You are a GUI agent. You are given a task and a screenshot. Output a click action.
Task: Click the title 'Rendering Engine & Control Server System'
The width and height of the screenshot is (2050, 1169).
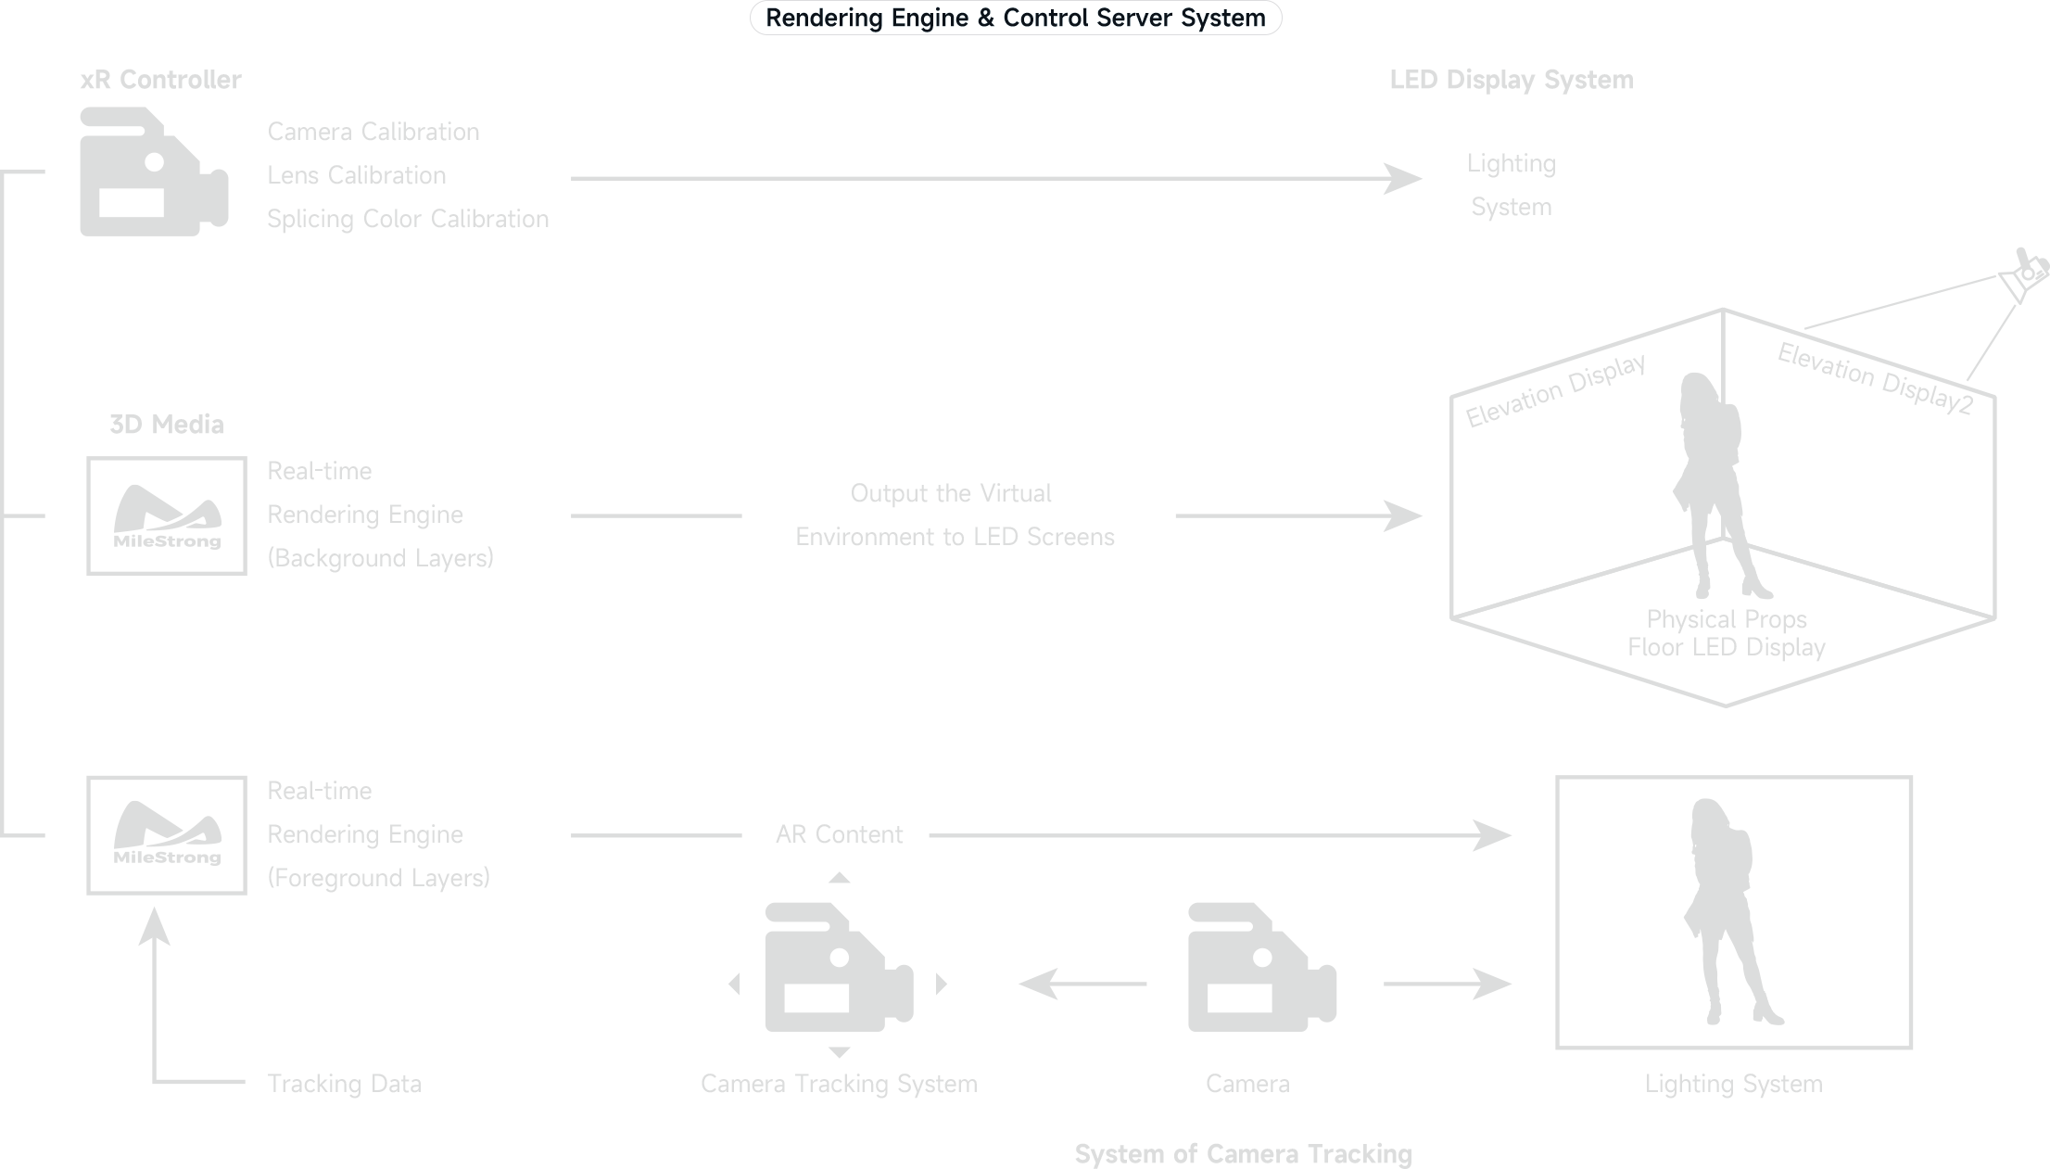1015,19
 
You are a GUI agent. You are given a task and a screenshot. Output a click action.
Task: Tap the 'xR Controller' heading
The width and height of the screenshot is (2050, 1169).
160,81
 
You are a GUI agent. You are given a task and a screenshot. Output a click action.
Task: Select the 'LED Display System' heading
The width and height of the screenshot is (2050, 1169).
1511,81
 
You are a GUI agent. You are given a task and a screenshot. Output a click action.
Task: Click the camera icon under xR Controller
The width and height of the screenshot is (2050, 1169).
153,172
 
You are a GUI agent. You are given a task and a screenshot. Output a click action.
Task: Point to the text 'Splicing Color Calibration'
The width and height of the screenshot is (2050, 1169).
408,220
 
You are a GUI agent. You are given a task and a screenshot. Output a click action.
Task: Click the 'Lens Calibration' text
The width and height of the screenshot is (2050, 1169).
357,176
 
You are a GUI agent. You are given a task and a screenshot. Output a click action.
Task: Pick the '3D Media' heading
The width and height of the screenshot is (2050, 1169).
167,426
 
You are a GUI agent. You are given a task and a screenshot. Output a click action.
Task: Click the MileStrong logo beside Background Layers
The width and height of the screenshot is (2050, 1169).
167,516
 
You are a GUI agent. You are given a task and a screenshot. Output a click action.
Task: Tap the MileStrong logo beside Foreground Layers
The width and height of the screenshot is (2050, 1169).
167,835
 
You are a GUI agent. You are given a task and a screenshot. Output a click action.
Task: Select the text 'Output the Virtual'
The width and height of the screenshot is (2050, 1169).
951,494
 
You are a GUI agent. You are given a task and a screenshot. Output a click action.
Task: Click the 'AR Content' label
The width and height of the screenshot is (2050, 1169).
839,835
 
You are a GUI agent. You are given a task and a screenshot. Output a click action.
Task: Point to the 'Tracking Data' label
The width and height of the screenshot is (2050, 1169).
344,1085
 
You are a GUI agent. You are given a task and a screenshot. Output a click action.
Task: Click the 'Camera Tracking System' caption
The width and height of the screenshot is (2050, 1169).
839,1085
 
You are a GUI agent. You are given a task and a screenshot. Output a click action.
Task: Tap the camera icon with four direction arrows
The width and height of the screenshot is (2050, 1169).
839,968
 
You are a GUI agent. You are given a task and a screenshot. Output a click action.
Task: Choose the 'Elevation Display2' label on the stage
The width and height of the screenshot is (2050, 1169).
1874,379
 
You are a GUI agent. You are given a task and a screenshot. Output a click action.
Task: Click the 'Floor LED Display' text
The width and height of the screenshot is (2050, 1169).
1726,648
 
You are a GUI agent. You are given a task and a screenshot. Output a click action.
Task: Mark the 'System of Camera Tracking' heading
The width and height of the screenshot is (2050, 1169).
1243,1155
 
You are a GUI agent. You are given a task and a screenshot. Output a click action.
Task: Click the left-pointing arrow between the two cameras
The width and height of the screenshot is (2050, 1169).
1082,985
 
